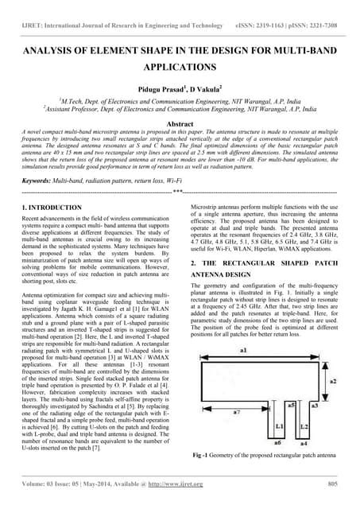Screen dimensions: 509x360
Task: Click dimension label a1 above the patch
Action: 243,349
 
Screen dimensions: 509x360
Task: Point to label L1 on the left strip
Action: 280,426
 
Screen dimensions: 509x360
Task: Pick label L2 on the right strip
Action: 304,426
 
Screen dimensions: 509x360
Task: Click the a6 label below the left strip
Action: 279,441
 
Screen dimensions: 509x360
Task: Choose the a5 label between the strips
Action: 292,406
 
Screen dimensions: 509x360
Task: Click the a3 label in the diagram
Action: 315,406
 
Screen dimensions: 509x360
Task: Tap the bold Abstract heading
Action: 180,124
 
